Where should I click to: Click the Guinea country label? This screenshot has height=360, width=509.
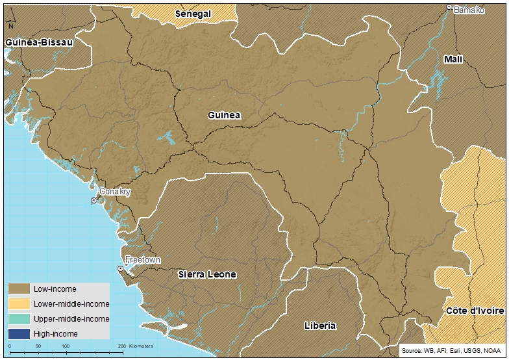point(224,115)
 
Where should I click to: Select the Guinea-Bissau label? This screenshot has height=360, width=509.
point(38,42)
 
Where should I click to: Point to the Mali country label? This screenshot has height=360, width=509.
point(453,59)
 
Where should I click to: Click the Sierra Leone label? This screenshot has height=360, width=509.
point(207,274)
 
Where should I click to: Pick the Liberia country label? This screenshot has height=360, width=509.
point(320,325)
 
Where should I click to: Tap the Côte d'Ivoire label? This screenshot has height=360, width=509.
point(475,311)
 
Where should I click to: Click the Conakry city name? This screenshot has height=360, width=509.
point(115,192)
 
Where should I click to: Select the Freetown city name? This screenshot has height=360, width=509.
point(142,259)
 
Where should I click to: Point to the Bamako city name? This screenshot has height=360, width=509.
point(469,10)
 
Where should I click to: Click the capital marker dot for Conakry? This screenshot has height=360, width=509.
point(93,201)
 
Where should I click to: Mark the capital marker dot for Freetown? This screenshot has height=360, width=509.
point(121,268)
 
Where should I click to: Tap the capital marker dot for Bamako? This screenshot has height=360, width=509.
point(449,7)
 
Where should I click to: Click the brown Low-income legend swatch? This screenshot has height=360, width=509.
point(19,289)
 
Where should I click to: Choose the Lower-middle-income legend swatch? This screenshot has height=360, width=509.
point(19,303)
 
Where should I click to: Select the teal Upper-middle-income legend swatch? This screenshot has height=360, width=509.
point(19,318)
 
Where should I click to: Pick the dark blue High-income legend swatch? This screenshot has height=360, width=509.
point(19,333)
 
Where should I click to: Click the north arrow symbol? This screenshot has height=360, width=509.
point(10,25)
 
